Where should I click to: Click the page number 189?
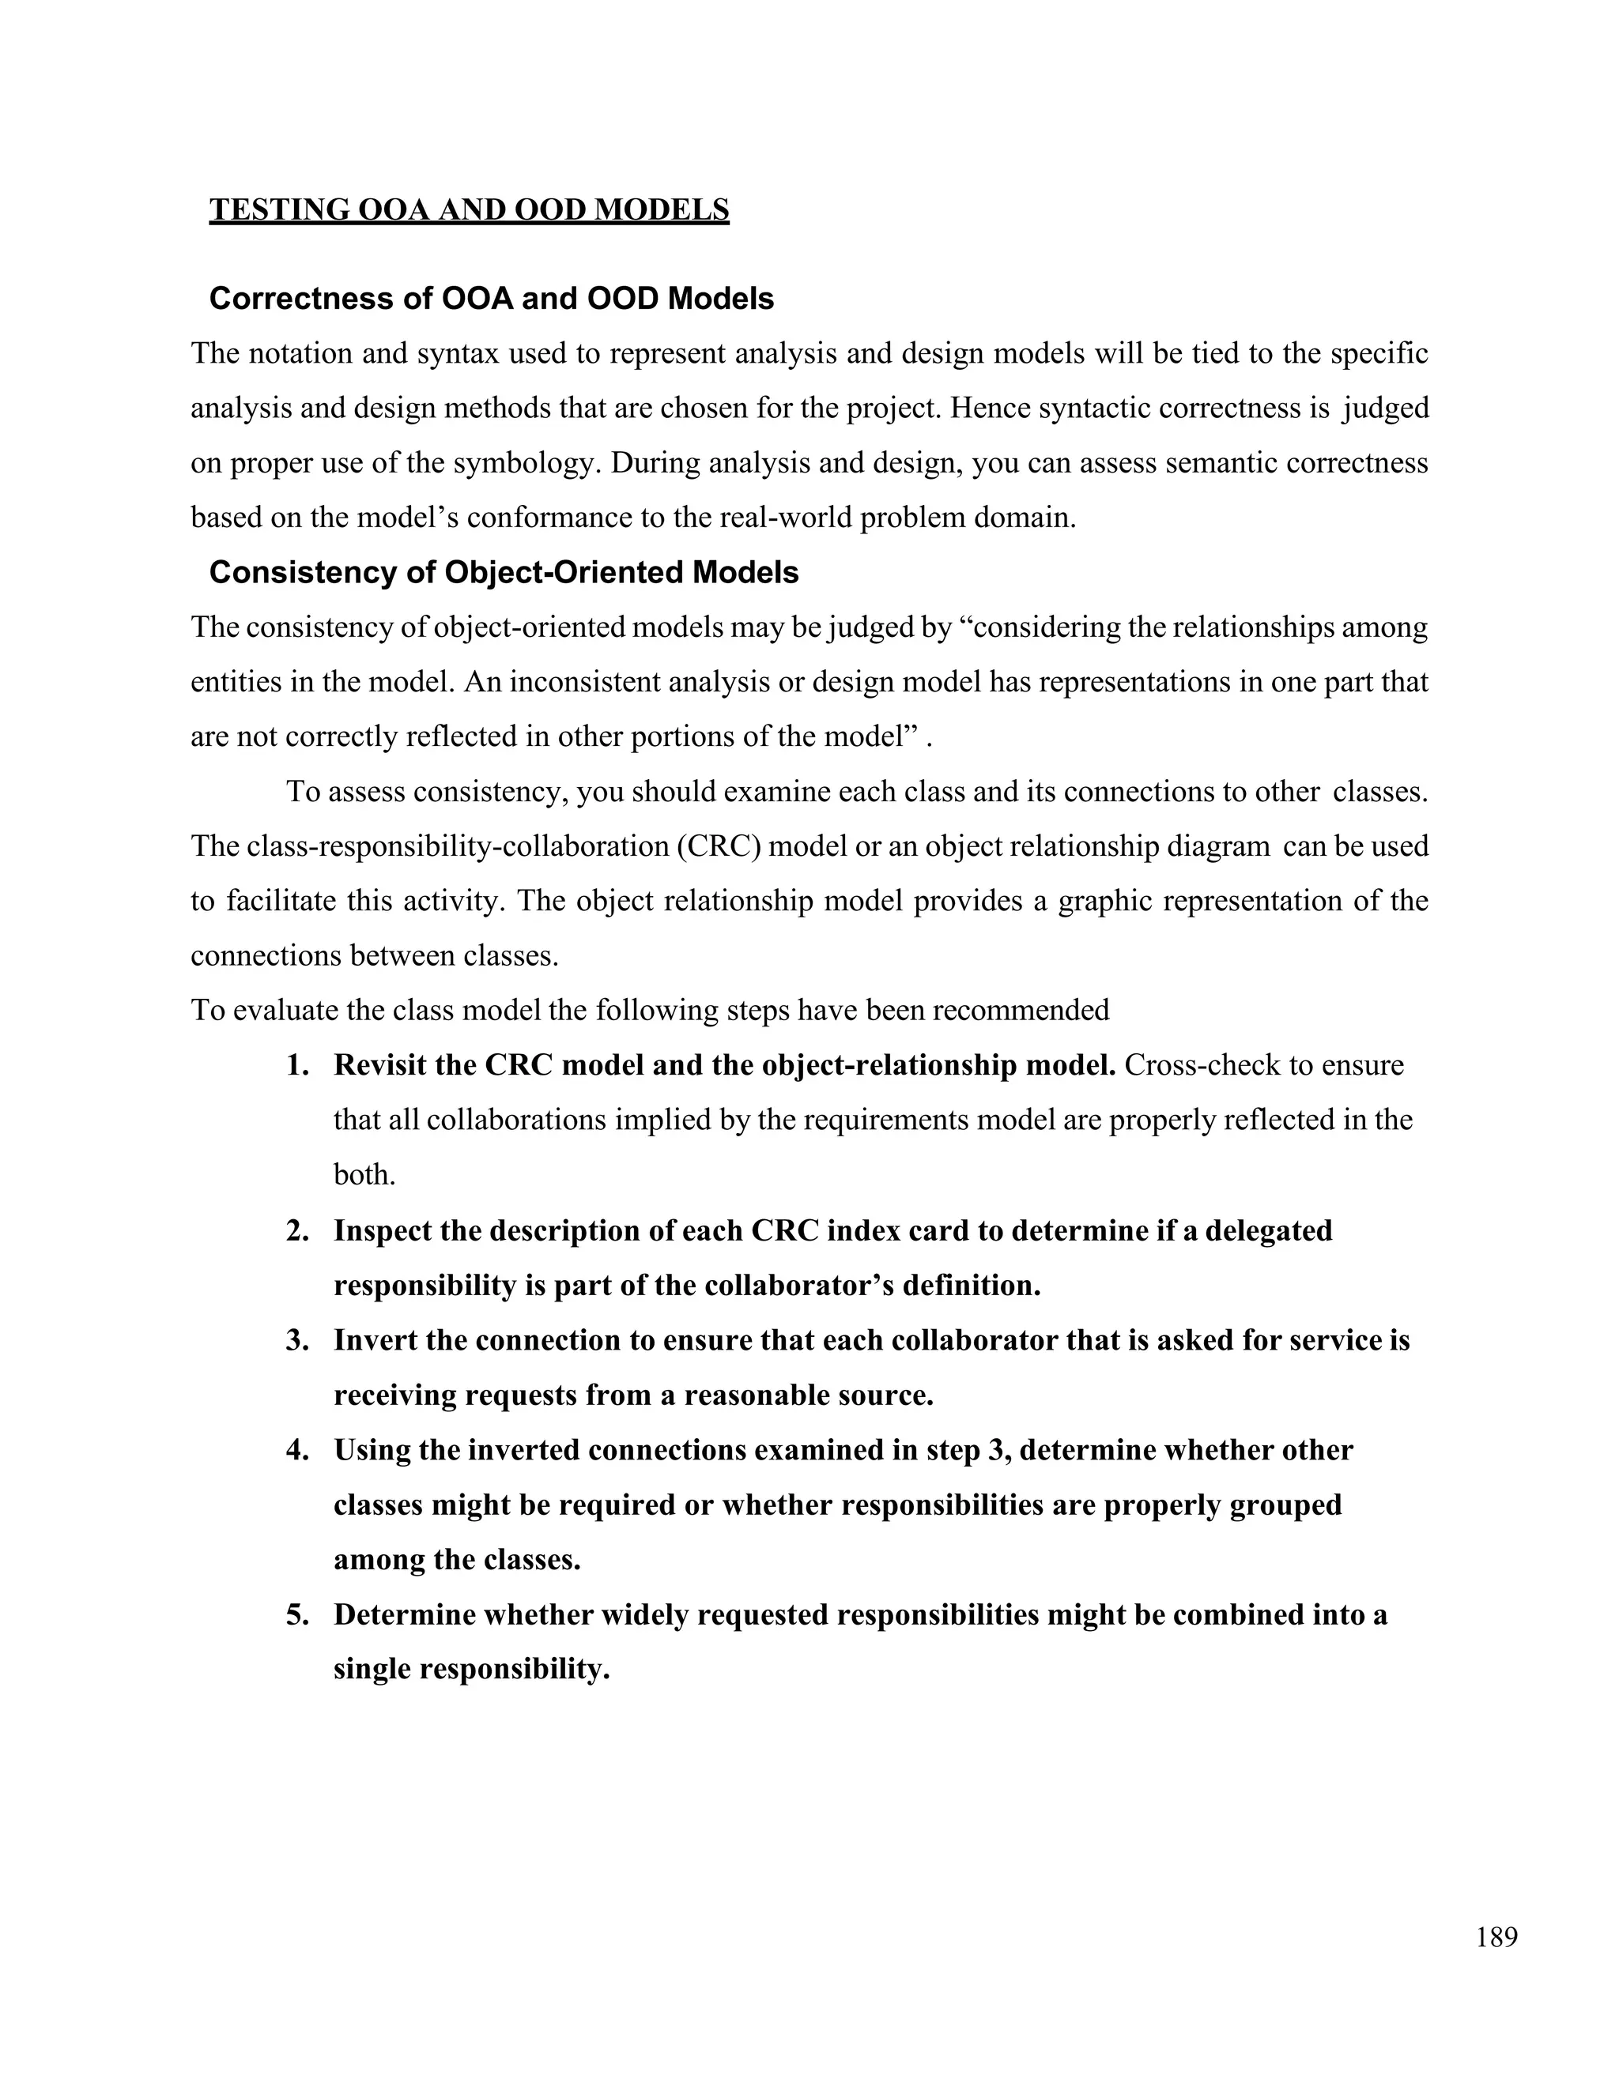[1496, 1938]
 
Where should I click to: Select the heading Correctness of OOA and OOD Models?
[491, 299]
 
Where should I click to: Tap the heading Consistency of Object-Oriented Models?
[504, 572]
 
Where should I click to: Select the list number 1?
[296, 1065]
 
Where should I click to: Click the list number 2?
[296, 1230]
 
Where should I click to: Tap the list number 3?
[296, 1339]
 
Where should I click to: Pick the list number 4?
[296, 1450]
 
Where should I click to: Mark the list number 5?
[296, 1614]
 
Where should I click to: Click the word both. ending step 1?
[364, 1174]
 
